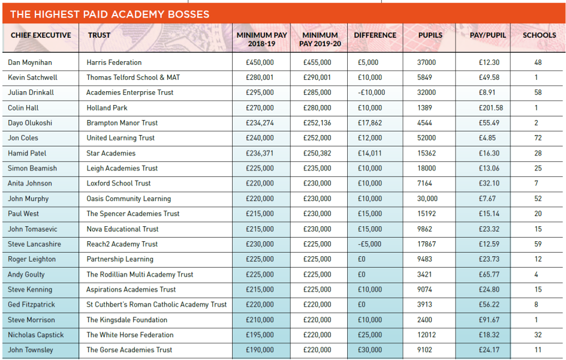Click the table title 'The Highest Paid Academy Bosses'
(109, 14)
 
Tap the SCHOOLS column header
(539, 35)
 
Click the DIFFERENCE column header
(375, 35)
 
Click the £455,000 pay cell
(317, 62)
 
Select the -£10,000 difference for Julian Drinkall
(371, 92)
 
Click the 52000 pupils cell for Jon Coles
(427, 138)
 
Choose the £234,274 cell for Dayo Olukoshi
(260, 123)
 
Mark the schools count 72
(537, 138)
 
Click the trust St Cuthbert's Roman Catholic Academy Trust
(156, 305)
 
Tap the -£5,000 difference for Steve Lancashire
(369, 244)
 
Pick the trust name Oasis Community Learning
(128, 199)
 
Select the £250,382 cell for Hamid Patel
(317, 153)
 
